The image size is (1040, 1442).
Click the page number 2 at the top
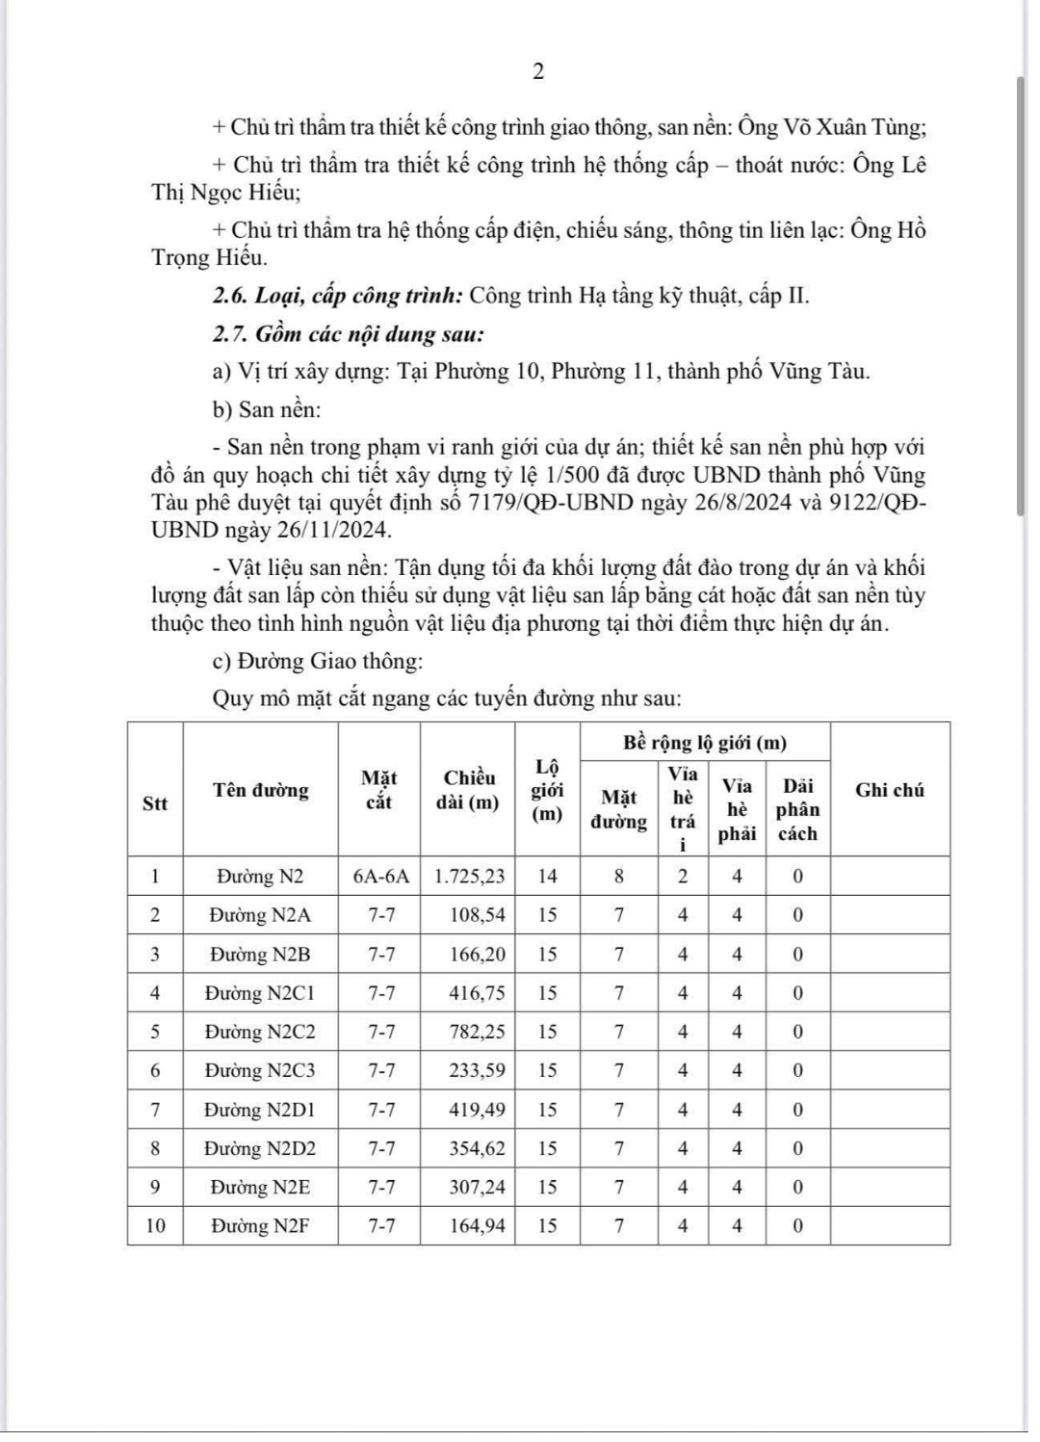538,72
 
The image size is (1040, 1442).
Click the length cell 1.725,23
470,877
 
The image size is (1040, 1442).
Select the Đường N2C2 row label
260,1032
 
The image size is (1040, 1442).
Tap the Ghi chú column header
890,790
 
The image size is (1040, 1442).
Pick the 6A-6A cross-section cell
380,877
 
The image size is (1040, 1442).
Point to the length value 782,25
477,1032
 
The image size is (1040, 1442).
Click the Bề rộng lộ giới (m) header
705,743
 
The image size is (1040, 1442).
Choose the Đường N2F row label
260,1226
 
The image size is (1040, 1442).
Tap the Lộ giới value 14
547,877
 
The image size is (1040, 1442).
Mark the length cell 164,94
477,1226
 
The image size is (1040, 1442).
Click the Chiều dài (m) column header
469,790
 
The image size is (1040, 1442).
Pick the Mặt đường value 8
619,877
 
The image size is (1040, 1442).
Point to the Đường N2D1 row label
260,1110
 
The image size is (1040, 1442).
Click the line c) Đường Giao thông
317,662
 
